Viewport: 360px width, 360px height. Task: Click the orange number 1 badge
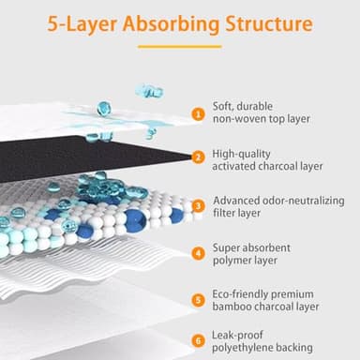[198, 113]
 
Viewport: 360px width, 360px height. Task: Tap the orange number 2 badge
[198, 157]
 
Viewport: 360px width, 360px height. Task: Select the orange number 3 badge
[199, 206]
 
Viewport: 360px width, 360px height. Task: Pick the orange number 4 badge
[199, 253]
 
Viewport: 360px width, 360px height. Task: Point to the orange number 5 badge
[199, 300]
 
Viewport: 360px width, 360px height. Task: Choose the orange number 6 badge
[199, 340]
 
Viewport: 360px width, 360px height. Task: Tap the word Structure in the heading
[269, 23]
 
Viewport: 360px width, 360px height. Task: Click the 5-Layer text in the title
[82, 24]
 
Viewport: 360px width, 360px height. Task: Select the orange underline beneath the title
[180, 47]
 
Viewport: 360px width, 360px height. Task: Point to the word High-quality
[242, 155]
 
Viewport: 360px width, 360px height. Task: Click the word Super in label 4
[227, 248]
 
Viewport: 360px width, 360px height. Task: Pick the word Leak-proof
[237, 336]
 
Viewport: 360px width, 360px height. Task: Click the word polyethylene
[240, 348]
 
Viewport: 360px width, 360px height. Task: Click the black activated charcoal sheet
[94, 157]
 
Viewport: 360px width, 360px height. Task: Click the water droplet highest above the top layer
[149, 91]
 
